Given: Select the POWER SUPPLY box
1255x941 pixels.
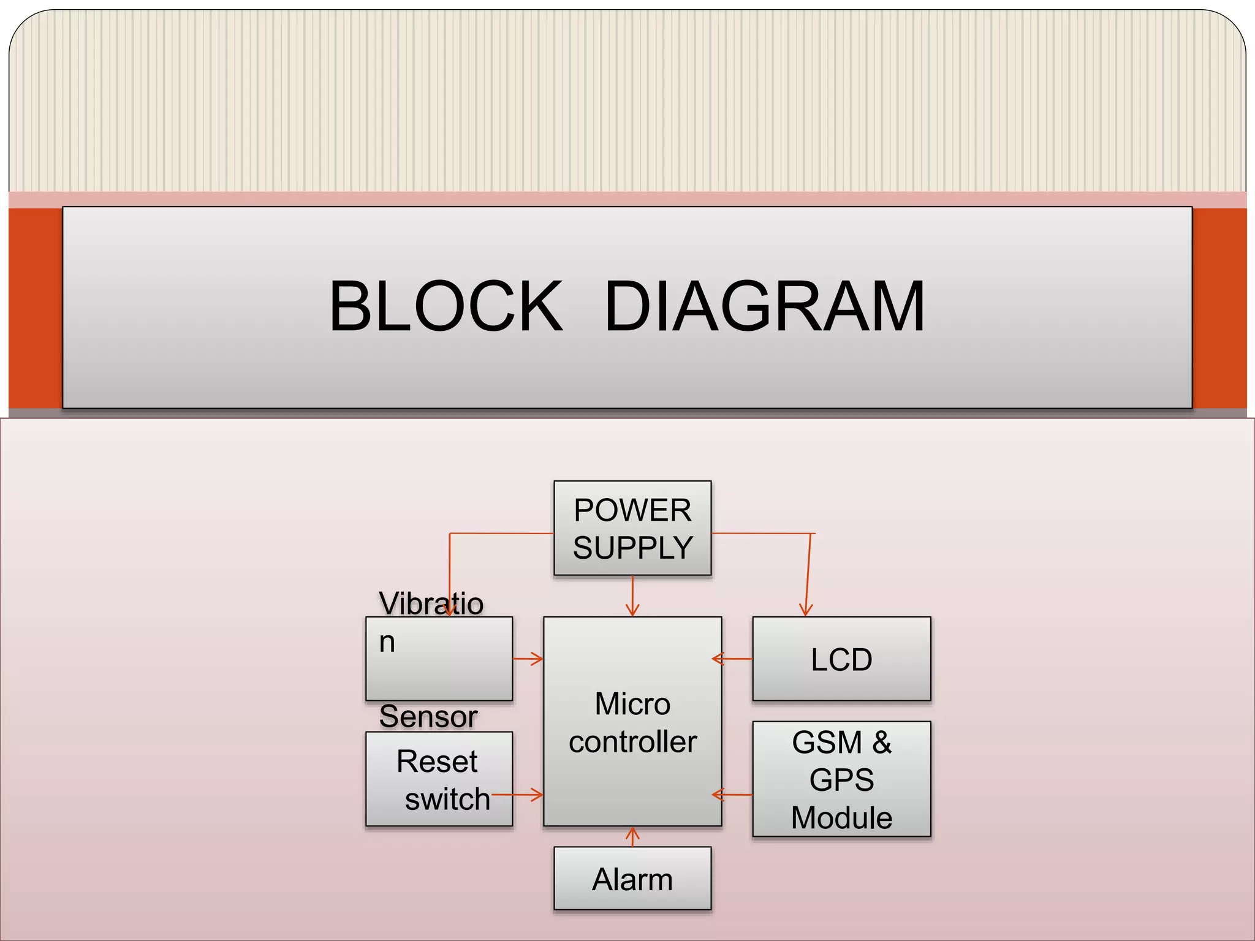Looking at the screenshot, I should point(632,528).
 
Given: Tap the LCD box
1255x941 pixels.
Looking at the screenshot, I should point(841,659).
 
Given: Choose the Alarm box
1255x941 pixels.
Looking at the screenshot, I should point(632,879).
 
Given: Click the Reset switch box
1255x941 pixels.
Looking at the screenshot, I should point(439,779).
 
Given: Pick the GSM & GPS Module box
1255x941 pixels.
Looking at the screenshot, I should point(841,779).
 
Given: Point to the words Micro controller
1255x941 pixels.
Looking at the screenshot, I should point(632,722).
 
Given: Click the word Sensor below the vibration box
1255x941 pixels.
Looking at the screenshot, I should point(428,716).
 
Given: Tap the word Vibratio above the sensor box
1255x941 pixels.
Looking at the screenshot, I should point(431,603).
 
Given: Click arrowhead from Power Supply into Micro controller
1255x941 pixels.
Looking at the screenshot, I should point(632,610).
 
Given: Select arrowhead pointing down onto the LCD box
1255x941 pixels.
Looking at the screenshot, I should point(806,610).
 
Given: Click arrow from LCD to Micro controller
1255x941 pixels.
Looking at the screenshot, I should point(732,659).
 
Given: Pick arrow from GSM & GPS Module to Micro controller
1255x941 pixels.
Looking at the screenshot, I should point(732,795).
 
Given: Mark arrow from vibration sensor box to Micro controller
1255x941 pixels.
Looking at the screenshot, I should point(529,659).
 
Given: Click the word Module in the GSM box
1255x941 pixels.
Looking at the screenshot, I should point(841,818).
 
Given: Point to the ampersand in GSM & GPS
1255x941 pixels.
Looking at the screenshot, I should point(881,743).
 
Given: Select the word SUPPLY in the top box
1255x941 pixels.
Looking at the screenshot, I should point(632,547).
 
